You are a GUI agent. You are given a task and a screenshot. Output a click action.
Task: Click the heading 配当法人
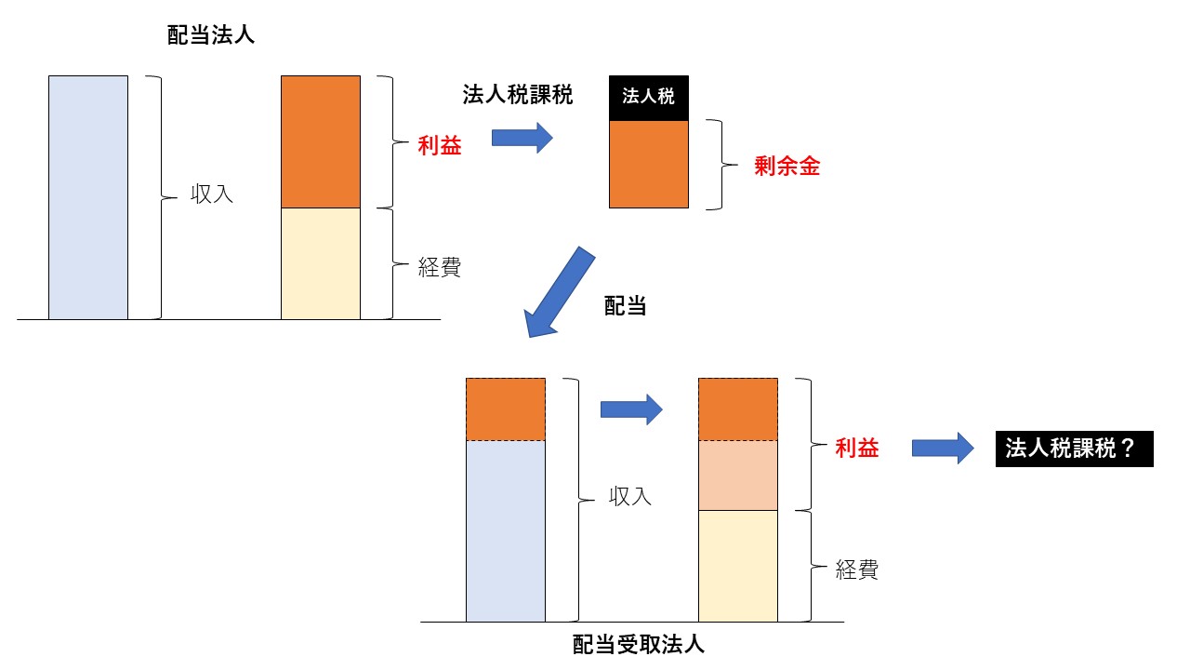pyautogui.click(x=209, y=36)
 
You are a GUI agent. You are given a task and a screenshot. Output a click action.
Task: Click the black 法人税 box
pyautogui.click(x=648, y=97)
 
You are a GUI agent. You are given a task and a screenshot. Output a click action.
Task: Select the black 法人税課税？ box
pyautogui.click(x=1074, y=449)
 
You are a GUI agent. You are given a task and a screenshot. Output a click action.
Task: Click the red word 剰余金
pyautogui.click(x=787, y=167)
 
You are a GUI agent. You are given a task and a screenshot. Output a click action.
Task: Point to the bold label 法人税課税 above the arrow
pyautogui.click(x=518, y=95)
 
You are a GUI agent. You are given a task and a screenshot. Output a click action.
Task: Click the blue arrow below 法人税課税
pyautogui.click(x=522, y=139)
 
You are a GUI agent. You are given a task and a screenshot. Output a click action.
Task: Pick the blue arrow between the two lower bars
pyautogui.click(x=630, y=408)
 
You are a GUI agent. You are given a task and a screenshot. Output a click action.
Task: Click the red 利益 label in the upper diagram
pyautogui.click(x=439, y=146)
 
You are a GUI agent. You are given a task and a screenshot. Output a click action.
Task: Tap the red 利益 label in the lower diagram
pyautogui.click(x=856, y=449)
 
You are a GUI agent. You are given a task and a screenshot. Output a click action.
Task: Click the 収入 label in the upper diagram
pyautogui.click(x=212, y=196)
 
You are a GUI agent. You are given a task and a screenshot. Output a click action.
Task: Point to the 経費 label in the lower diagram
pyautogui.click(x=856, y=569)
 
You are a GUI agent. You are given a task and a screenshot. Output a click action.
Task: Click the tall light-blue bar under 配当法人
pyautogui.click(x=88, y=197)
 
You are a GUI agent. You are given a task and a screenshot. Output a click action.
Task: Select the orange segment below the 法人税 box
pyautogui.click(x=648, y=164)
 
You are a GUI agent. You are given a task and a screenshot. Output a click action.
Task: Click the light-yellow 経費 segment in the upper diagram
pyautogui.click(x=321, y=263)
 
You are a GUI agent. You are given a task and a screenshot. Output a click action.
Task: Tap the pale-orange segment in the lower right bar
pyautogui.click(x=737, y=475)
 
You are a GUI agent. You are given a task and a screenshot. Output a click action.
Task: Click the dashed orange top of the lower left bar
pyautogui.click(x=505, y=409)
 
